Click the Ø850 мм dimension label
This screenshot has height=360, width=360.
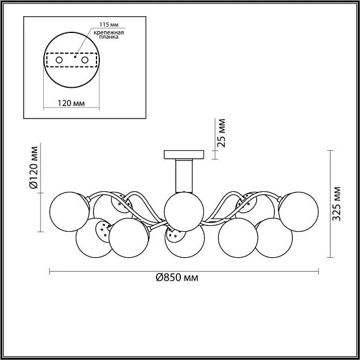pyautogui.click(x=177, y=278)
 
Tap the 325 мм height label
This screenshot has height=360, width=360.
pyautogui.click(x=337, y=203)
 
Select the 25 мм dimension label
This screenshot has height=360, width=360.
pyautogui.click(x=221, y=133)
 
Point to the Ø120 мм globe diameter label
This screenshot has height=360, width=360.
pyautogui.click(x=34, y=168)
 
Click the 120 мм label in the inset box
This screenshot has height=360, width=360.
pyautogui.click(x=71, y=103)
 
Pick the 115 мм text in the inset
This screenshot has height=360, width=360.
pyautogui.click(x=109, y=25)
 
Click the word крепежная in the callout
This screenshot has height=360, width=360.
pyautogui.click(x=109, y=32)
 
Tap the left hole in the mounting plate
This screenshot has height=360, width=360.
pyautogui.click(x=60, y=60)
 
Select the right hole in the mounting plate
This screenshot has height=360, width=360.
pyautogui.click(x=85, y=60)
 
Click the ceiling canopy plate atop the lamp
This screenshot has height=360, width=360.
pyautogui.click(x=184, y=154)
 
